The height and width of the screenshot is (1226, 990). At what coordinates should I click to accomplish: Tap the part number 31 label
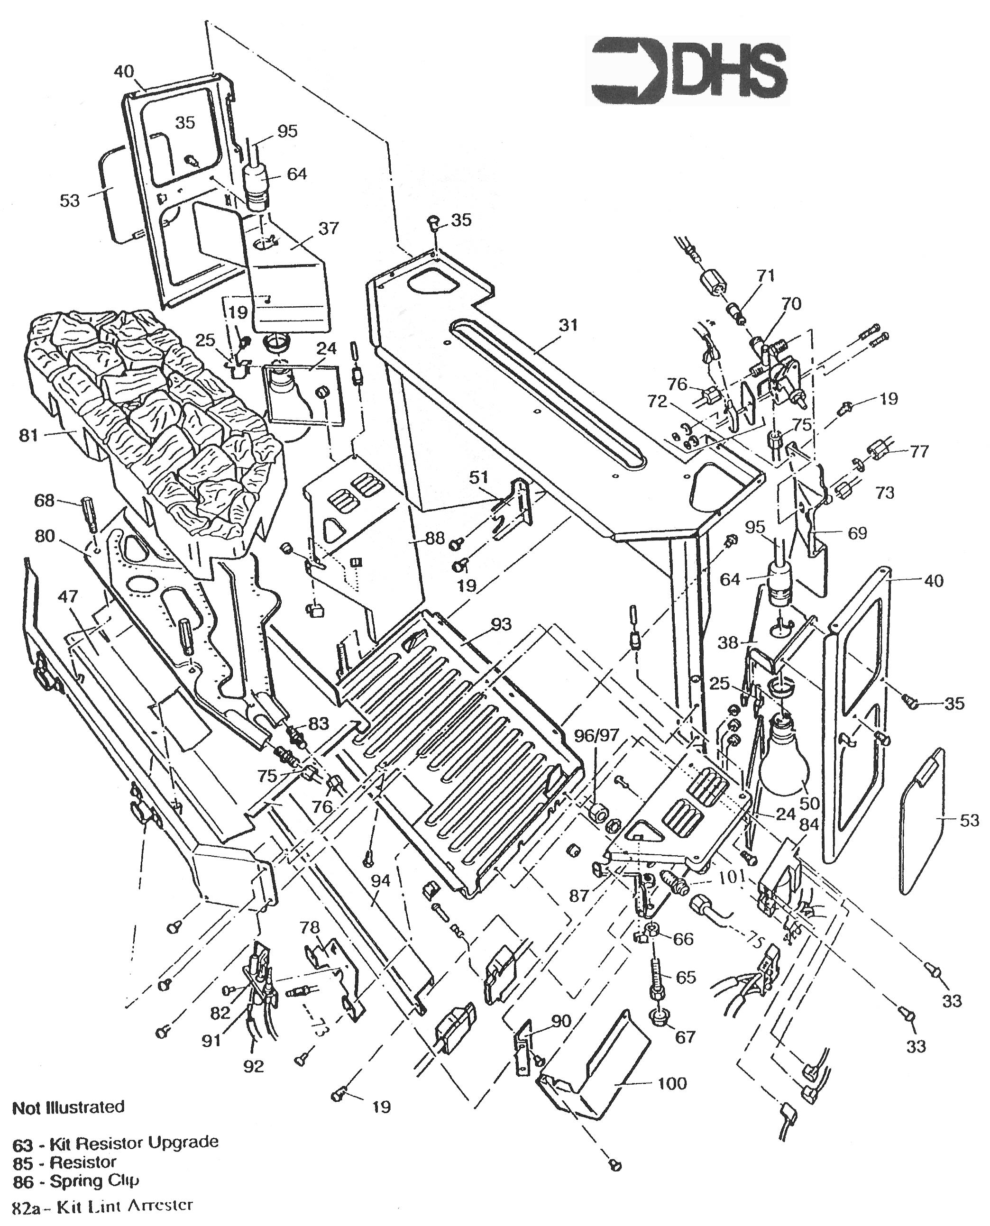(x=568, y=326)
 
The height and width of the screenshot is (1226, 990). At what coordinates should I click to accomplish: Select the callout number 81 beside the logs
(x=28, y=436)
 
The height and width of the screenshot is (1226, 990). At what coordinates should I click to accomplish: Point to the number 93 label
(x=501, y=624)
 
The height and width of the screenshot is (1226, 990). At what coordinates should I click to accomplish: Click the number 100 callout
(x=672, y=1083)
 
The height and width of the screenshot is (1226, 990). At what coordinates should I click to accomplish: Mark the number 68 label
(x=44, y=501)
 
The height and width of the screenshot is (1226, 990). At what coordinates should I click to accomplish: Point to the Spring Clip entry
(x=95, y=1181)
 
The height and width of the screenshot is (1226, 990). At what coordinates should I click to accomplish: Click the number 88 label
(x=435, y=538)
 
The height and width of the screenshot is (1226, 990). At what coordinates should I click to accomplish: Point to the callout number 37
(x=329, y=228)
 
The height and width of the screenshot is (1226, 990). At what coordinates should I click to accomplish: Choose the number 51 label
(x=479, y=477)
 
